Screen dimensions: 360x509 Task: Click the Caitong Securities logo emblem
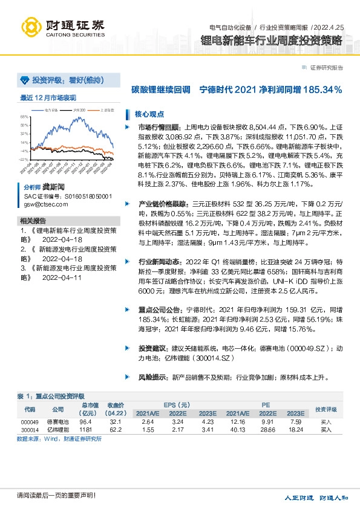[32, 27]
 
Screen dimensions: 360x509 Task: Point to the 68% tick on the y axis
[24, 117]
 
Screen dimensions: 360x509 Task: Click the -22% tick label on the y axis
[24, 159]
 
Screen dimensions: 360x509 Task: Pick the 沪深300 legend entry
[79, 111]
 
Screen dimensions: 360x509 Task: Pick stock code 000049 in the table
[30, 421]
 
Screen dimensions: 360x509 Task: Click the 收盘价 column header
[116, 405]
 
